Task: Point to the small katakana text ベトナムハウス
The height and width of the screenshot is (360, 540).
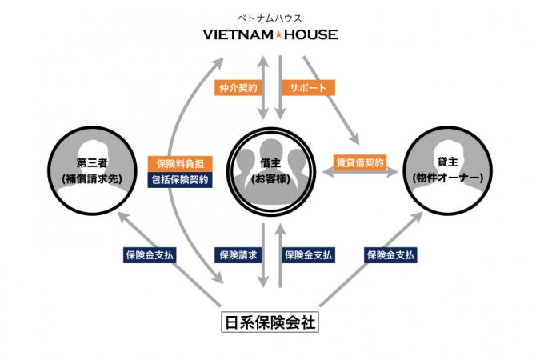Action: point(270,17)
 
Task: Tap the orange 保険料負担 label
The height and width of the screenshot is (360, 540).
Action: point(181,161)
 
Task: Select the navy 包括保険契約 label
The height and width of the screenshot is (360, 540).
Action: point(181,180)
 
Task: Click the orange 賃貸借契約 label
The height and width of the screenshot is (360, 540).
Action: point(358,161)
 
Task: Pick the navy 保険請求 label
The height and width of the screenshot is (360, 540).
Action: point(238,254)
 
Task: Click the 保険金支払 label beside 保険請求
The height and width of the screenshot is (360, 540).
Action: point(309,254)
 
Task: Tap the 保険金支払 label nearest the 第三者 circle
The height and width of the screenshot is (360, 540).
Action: point(149,254)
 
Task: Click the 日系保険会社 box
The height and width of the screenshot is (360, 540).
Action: point(270,324)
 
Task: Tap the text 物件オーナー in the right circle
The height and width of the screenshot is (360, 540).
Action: point(446,178)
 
